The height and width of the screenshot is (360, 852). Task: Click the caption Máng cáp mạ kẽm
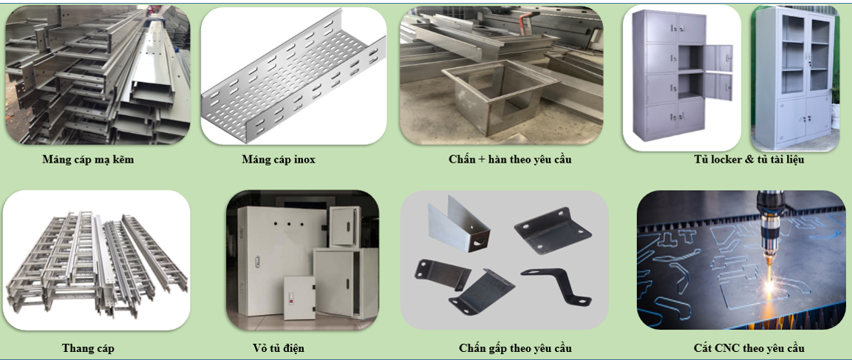88,159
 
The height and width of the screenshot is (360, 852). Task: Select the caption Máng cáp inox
279,159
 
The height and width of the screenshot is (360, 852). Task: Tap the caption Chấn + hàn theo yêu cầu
510,159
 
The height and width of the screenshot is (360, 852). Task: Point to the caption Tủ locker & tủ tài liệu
749,159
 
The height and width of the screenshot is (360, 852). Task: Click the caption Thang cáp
88,348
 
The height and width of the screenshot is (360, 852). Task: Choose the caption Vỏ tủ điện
278,348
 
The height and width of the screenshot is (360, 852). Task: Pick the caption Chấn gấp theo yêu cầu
515,348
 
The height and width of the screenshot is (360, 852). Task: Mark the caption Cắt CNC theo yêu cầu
749,348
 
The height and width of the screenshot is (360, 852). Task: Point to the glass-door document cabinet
795,78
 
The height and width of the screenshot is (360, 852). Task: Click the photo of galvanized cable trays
97,74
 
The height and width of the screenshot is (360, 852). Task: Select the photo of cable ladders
97,259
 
